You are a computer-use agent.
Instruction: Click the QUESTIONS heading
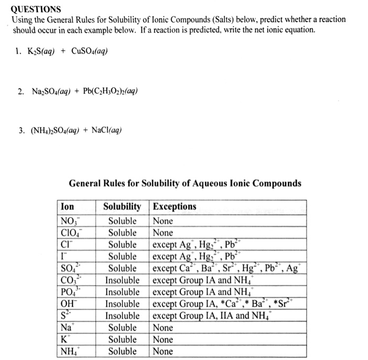coord(36,9)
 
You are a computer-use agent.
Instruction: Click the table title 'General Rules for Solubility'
coord(185,183)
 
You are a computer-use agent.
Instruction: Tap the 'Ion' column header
coord(68,207)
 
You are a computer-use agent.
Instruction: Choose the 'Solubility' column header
coord(122,207)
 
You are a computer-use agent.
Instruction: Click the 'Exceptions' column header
coord(175,207)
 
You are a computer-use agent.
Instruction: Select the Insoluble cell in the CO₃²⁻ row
coord(122,280)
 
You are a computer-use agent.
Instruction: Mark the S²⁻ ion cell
coord(67,315)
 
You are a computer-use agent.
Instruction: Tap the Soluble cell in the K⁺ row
coord(122,339)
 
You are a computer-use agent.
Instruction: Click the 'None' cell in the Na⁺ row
coord(162,327)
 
